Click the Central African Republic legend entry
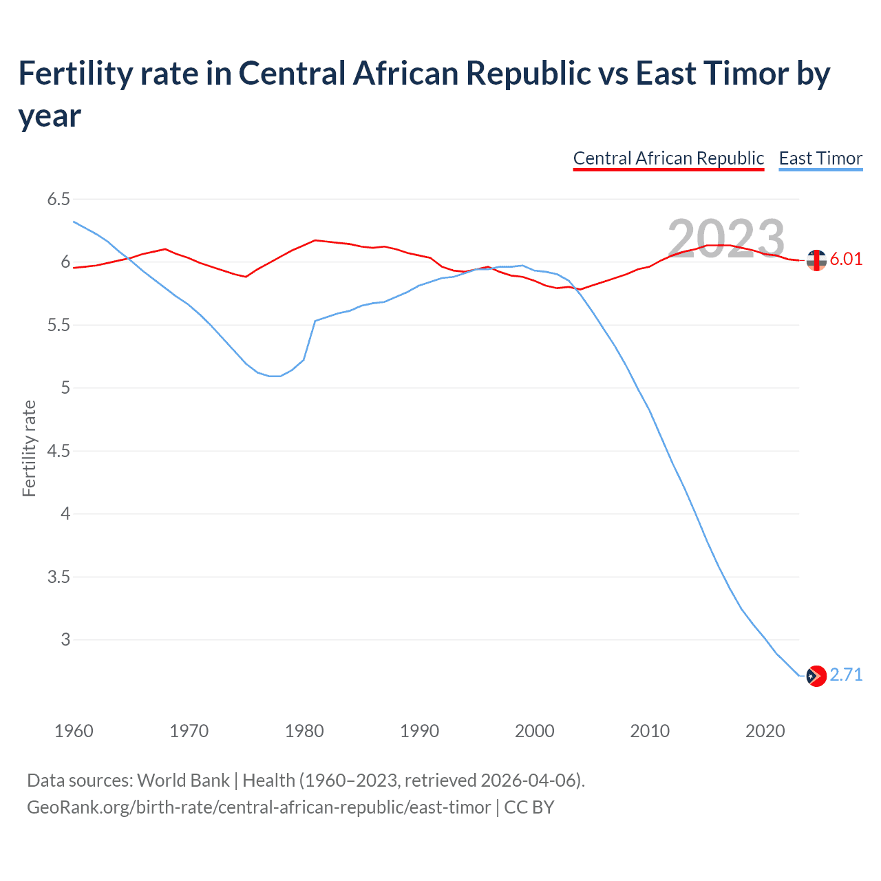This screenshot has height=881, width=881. click(x=668, y=158)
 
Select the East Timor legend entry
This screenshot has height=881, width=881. click(x=820, y=158)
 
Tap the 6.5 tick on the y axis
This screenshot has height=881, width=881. click(x=59, y=200)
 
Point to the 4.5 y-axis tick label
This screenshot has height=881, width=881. click(x=59, y=451)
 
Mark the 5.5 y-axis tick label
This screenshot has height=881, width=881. click(x=59, y=325)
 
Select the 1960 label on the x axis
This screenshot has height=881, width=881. click(x=74, y=730)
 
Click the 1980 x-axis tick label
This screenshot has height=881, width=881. click(x=304, y=730)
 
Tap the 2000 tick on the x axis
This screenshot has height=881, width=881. click(x=535, y=730)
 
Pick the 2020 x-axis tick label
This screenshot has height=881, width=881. click(x=765, y=730)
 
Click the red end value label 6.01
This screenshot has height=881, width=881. click(x=846, y=259)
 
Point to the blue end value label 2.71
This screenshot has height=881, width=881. click(x=846, y=675)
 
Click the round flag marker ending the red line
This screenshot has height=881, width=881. click(x=816, y=260)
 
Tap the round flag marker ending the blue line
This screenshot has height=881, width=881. click(x=816, y=676)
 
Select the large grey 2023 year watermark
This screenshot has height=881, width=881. click(x=726, y=239)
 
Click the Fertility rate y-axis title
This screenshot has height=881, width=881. click(x=29, y=448)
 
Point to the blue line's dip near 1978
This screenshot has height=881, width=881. click(x=275, y=376)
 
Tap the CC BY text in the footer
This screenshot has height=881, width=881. click(x=529, y=807)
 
